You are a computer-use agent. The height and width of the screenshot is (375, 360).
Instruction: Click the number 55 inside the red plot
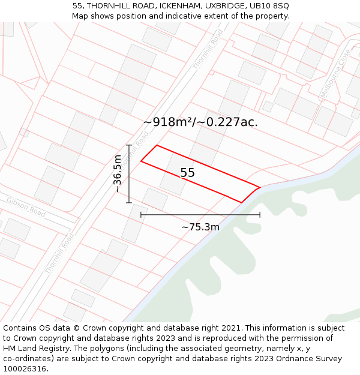tap(187, 173)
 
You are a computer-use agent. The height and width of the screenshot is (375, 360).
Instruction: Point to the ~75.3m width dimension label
tap(200, 227)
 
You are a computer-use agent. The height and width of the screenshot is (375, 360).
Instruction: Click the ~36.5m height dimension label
tap(118, 174)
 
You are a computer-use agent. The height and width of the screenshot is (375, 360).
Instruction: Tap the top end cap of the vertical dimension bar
tap(129, 145)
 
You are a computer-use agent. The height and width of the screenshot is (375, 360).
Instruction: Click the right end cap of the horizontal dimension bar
tap(260, 214)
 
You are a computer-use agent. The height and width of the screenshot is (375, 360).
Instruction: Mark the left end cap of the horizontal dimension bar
tap(141, 214)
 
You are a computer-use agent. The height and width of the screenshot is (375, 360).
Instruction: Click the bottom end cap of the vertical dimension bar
tap(129, 203)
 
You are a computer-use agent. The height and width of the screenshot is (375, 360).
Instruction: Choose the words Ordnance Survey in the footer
tap(311, 359)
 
